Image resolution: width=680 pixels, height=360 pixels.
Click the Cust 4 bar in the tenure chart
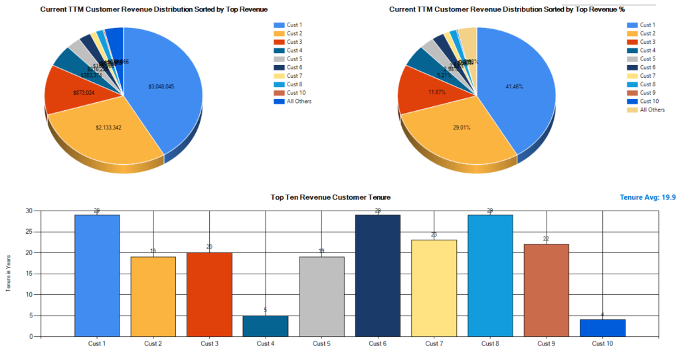tap(266, 325)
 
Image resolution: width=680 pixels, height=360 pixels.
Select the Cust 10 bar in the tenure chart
tap(603, 328)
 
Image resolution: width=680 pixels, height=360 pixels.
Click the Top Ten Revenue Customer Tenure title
tap(331, 197)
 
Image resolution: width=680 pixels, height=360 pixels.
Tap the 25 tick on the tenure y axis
tap(29, 232)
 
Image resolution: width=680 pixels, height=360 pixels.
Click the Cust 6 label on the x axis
tap(378, 343)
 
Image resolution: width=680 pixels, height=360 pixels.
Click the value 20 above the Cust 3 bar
tap(209, 247)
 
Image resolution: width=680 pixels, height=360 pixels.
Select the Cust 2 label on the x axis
tap(153, 343)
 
